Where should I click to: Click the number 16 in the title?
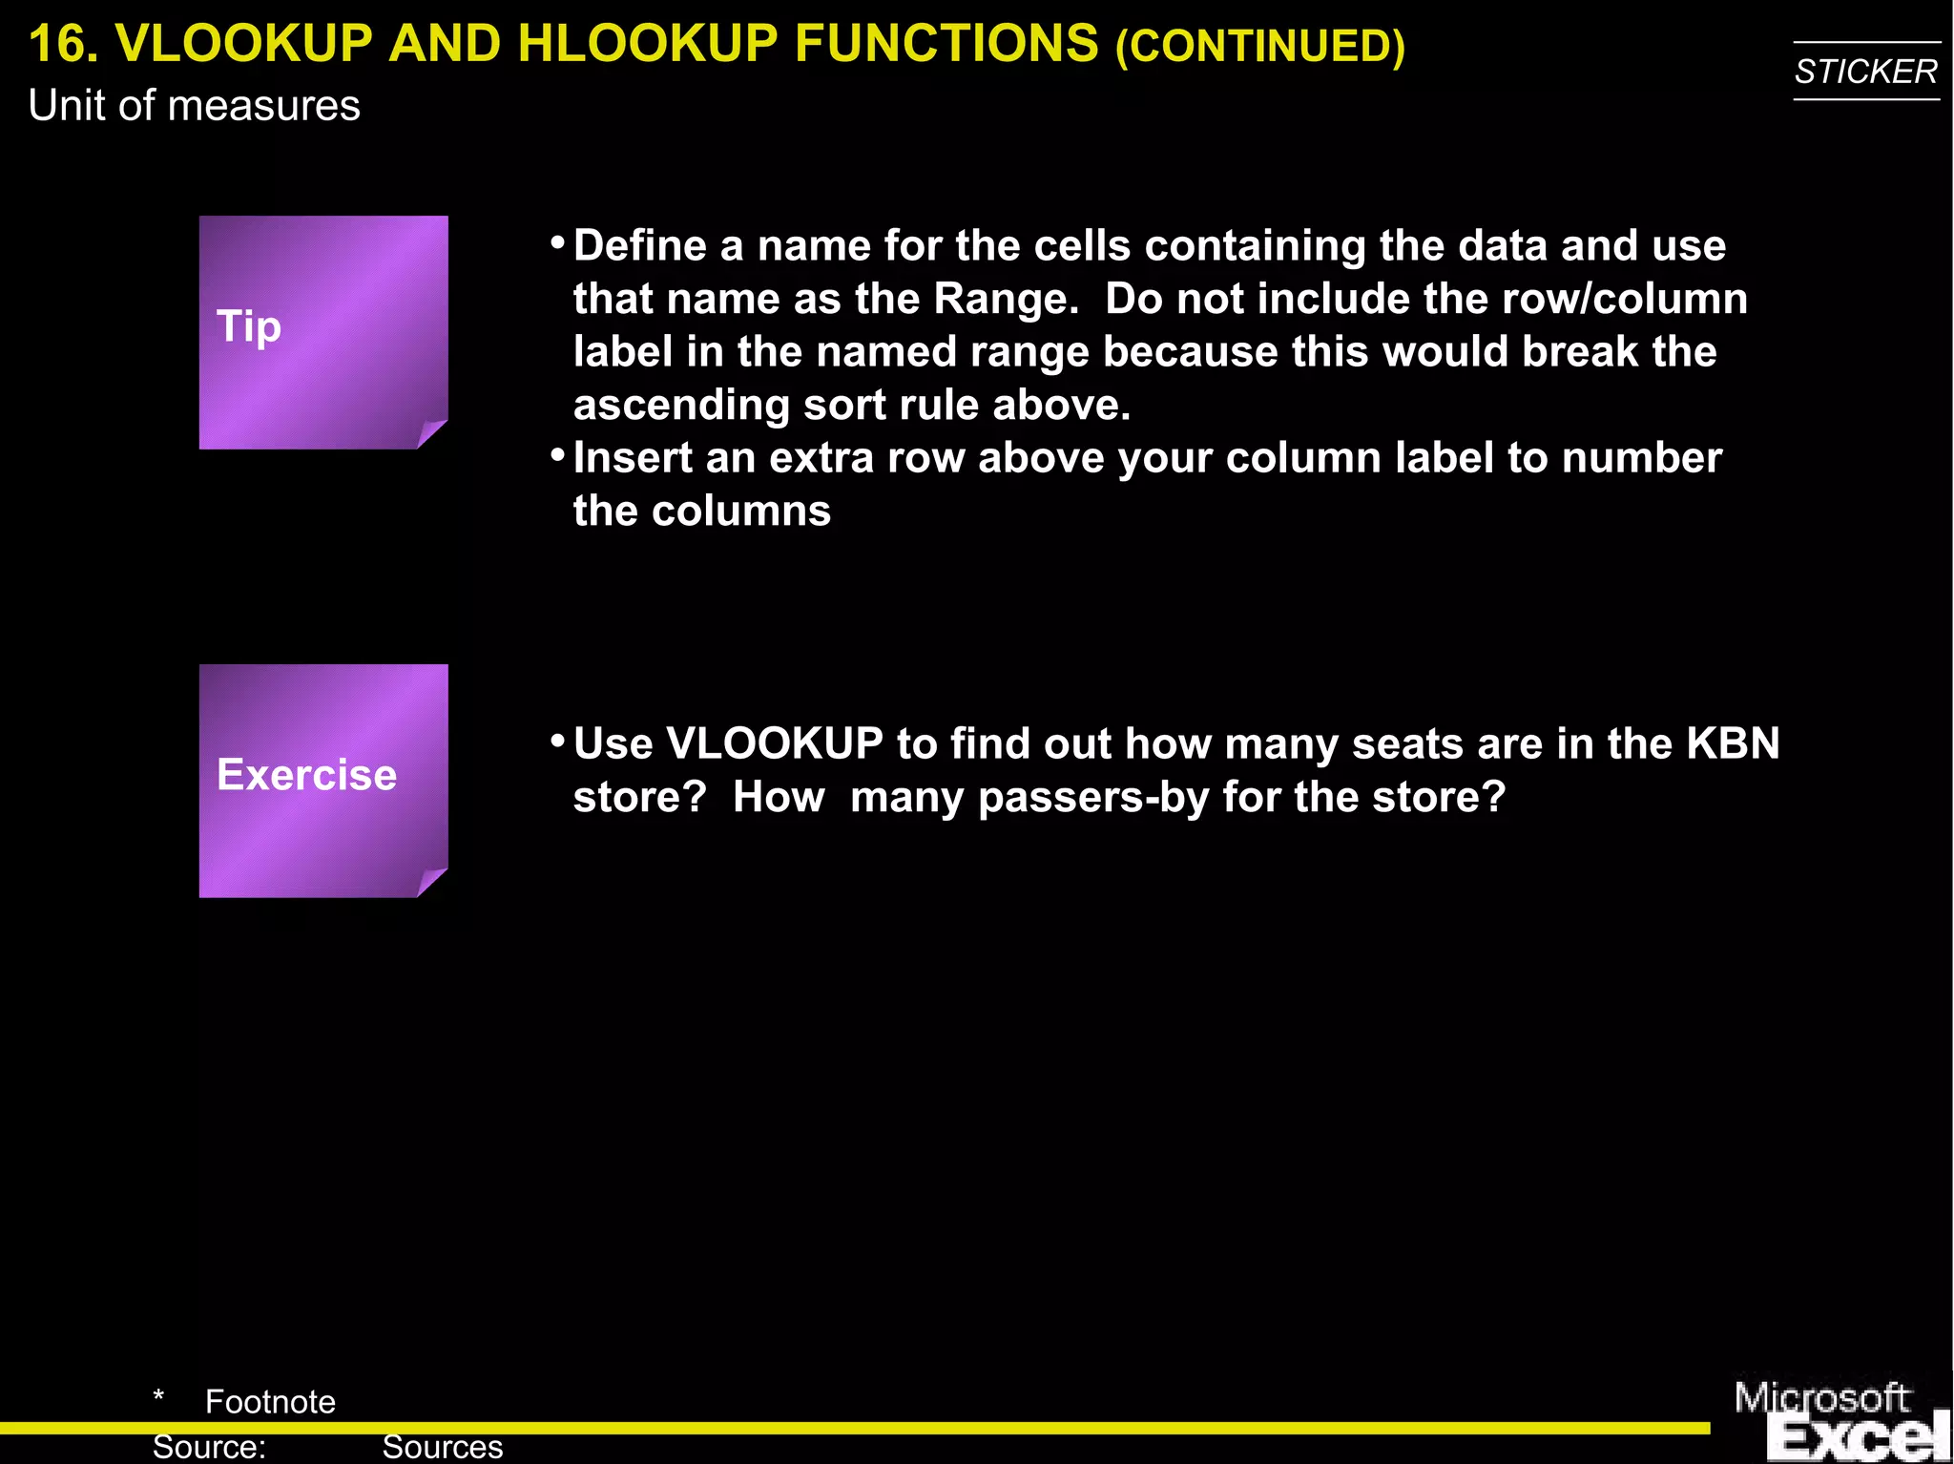coord(63,44)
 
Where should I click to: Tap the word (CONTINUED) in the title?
coord(1259,46)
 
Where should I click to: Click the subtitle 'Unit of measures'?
coord(195,105)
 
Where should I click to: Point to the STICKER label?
coord(1865,72)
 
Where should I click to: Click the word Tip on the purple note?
coord(249,326)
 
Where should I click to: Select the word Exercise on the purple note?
coord(306,774)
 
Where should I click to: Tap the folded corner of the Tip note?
coord(431,433)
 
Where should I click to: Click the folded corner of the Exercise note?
coord(431,882)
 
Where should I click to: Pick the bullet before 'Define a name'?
coord(558,242)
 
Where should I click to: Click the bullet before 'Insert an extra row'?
coord(558,454)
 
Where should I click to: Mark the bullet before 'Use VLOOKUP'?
coord(558,741)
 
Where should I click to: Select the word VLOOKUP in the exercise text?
coord(775,743)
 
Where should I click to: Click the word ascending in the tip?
coord(681,406)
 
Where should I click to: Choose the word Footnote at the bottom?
coord(270,1401)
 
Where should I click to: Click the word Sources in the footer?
coord(442,1447)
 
